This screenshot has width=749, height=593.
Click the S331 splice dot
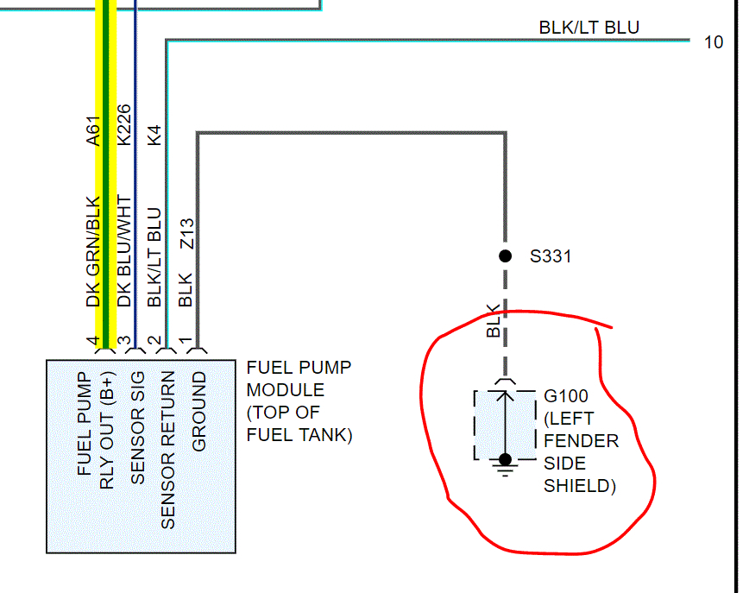click(x=506, y=255)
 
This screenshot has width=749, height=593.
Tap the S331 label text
click(x=551, y=256)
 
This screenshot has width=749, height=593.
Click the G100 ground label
click(x=566, y=396)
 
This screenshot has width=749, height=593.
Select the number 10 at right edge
click(x=714, y=41)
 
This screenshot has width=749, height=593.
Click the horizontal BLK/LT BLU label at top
click(x=589, y=28)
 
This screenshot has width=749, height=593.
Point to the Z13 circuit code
click(x=186, y=234)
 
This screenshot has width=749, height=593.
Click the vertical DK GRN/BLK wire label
click(x=94, y=252)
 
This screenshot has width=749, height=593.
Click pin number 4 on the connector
click(x=93, y=343)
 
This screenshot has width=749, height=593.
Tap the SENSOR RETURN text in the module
click(x=168, y=450)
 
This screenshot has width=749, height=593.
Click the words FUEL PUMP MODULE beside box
click(x=299, y=379)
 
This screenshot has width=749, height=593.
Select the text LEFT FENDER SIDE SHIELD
click(x=580, y=451)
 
